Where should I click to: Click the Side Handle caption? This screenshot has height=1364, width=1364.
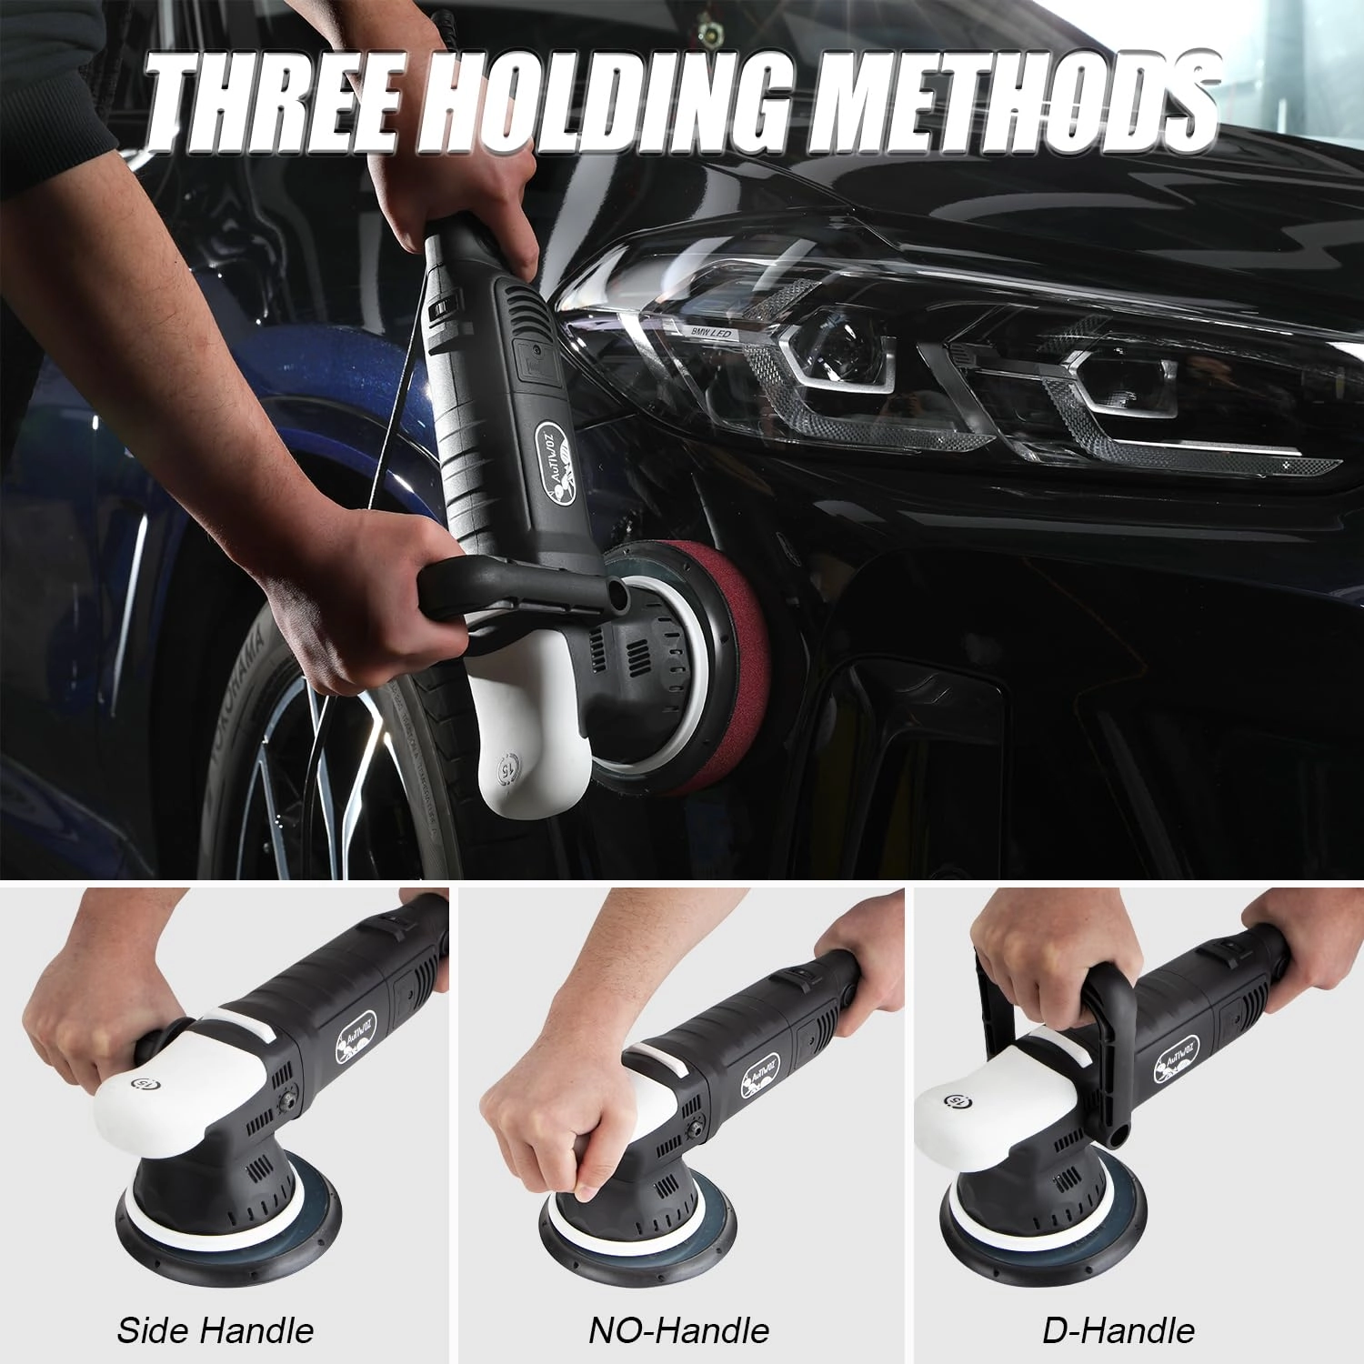point(216,1330)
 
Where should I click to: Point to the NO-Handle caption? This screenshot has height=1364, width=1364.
point(678,1330)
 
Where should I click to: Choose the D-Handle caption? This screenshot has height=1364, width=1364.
point(1118,1330)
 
